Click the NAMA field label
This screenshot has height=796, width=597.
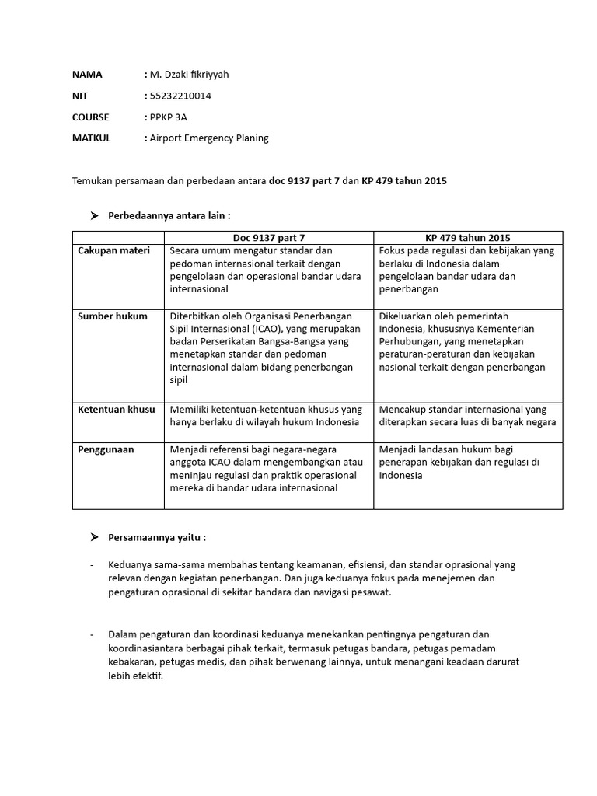tap(87, 75)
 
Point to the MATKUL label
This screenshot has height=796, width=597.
tap(92, 138)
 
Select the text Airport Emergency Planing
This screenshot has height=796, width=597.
tap(209, 138)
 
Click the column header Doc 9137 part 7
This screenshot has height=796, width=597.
tap(269, 237)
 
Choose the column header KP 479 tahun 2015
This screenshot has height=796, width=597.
tap(468, 237)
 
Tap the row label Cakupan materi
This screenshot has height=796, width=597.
tap(113, 250)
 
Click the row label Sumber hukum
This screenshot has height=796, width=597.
tap(112, 316)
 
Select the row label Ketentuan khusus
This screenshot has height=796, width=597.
tap(117, 409)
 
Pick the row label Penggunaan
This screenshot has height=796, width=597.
tap(106, 449)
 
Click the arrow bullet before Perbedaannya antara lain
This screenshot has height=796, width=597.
tap(95, 215)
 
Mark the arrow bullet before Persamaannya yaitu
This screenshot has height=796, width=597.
tap(95, 537)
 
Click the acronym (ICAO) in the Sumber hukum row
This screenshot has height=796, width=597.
tap(268, 329)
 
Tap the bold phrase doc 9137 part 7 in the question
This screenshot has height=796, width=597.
tap(304, 180)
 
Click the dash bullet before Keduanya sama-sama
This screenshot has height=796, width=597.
tap(93, 564)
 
